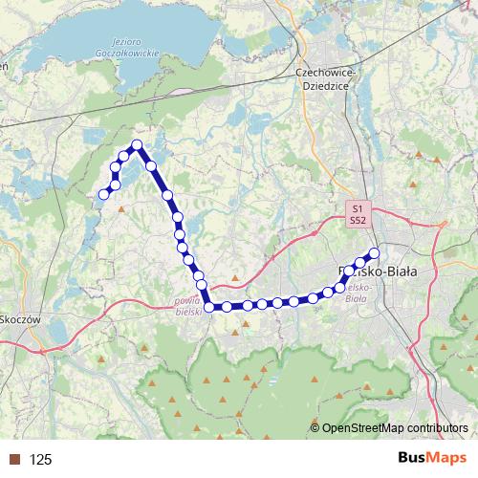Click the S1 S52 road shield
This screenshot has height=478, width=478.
pos(358,214)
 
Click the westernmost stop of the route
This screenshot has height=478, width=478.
pos(104,195)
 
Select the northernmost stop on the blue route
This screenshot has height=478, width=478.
pos(137,145)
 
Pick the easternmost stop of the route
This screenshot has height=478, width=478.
pos(375,253)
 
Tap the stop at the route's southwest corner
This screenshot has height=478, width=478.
pos(210,307)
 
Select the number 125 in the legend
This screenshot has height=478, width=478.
pos(40,460)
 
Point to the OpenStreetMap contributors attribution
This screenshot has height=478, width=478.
pos(394,428)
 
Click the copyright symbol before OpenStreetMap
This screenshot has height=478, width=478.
pos(315,428)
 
